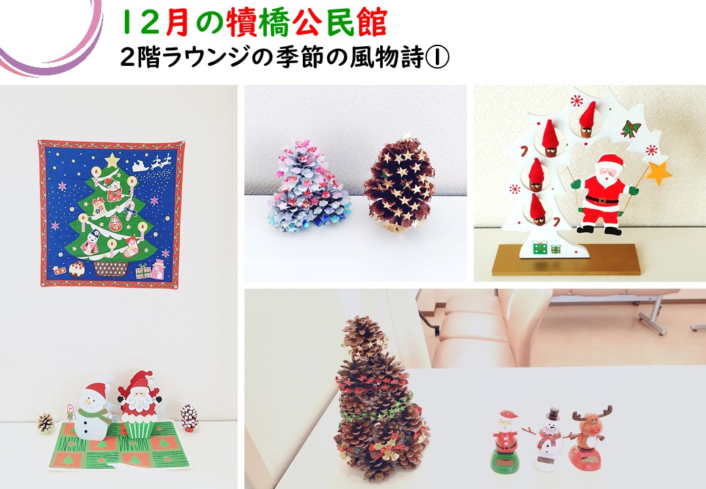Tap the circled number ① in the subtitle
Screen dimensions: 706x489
(x=436, y=58)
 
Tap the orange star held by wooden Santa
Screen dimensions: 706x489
(x=658, y=173)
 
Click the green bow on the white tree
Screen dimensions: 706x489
(x=631, y=128)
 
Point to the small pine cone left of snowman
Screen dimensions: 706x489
(x=45, y=423)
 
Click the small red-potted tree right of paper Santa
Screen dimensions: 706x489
(x=189, y=418)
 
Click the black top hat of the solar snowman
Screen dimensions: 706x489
(x=553, y=415)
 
